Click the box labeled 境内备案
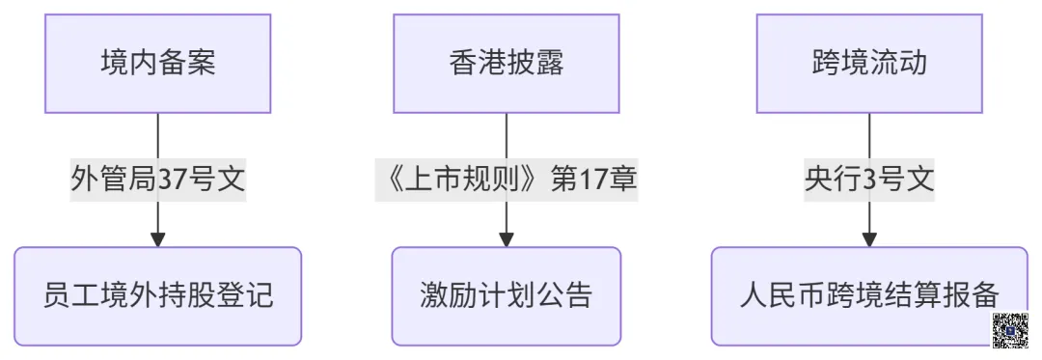coord(157,64)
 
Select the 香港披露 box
coord(506,64)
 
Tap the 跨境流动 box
coord(869,64)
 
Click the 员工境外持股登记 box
coord(157,294)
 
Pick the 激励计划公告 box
coord(506,294)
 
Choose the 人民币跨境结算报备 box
coord(869,294)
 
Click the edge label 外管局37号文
coord(157,180)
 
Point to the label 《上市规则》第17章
coord(506,180)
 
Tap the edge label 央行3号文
coord(869,180)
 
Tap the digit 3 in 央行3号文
coord(869,180)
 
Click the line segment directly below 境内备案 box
coord(157,135)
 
